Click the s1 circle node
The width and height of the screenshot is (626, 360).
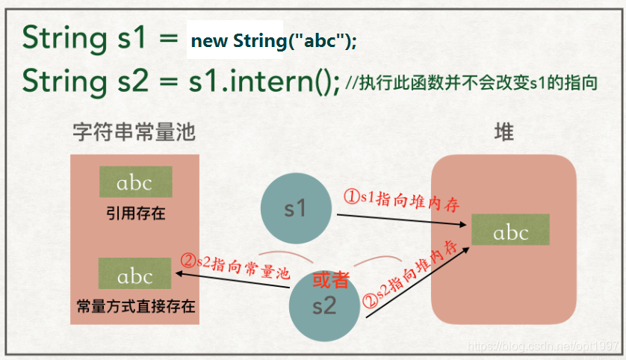click(x=297, y=208)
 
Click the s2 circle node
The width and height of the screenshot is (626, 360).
click(x=325, y=305)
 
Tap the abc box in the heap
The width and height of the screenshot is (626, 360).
click(x=512, y=232)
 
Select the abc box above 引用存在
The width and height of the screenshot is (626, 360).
click(x=135, y=182)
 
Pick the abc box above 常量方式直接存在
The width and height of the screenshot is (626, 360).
click(x=135, y=276)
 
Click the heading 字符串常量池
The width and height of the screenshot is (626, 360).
click(x=134, y=134)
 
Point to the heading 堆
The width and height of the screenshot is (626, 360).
click(x=504, y=134)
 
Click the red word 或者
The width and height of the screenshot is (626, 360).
click(x=330, y=279)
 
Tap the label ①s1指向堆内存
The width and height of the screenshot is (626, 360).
click(x=400, y=199)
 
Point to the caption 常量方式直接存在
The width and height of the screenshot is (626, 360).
click(x=135, y=306)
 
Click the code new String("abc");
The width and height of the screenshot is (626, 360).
click(x=273, y=40)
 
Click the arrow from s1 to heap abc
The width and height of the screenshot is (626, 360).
click(x=403, y=219)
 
